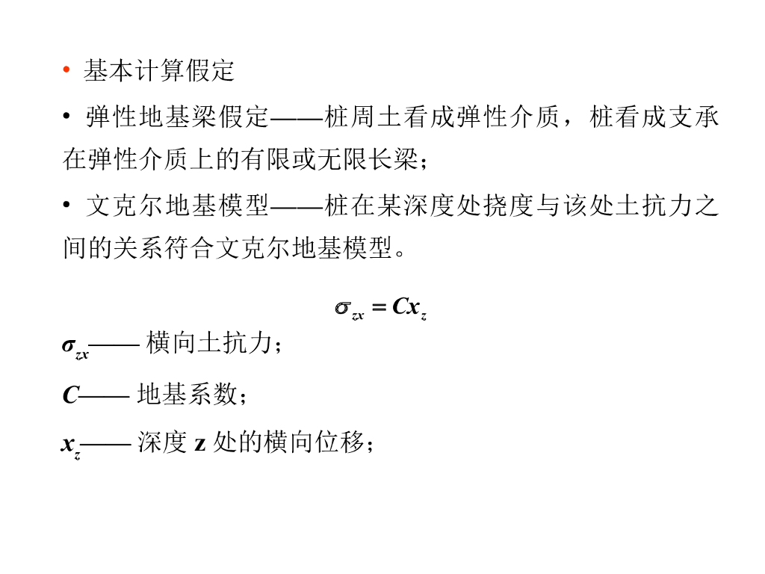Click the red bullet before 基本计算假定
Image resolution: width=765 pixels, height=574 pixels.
point(66,71)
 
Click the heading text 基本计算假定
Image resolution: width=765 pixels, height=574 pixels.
point(159,71)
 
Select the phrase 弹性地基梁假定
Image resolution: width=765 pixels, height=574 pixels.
point(177,118)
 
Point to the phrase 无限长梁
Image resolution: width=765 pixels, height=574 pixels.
point(371,159)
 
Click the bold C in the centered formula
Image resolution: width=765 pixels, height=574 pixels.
point(400,306)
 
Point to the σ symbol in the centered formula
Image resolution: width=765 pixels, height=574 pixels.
point(343,307)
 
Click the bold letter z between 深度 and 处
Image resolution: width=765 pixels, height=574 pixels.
point(200,444)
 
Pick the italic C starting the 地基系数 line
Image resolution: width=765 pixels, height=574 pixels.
point(69,395)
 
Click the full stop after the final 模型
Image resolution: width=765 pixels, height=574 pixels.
point(400,253)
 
